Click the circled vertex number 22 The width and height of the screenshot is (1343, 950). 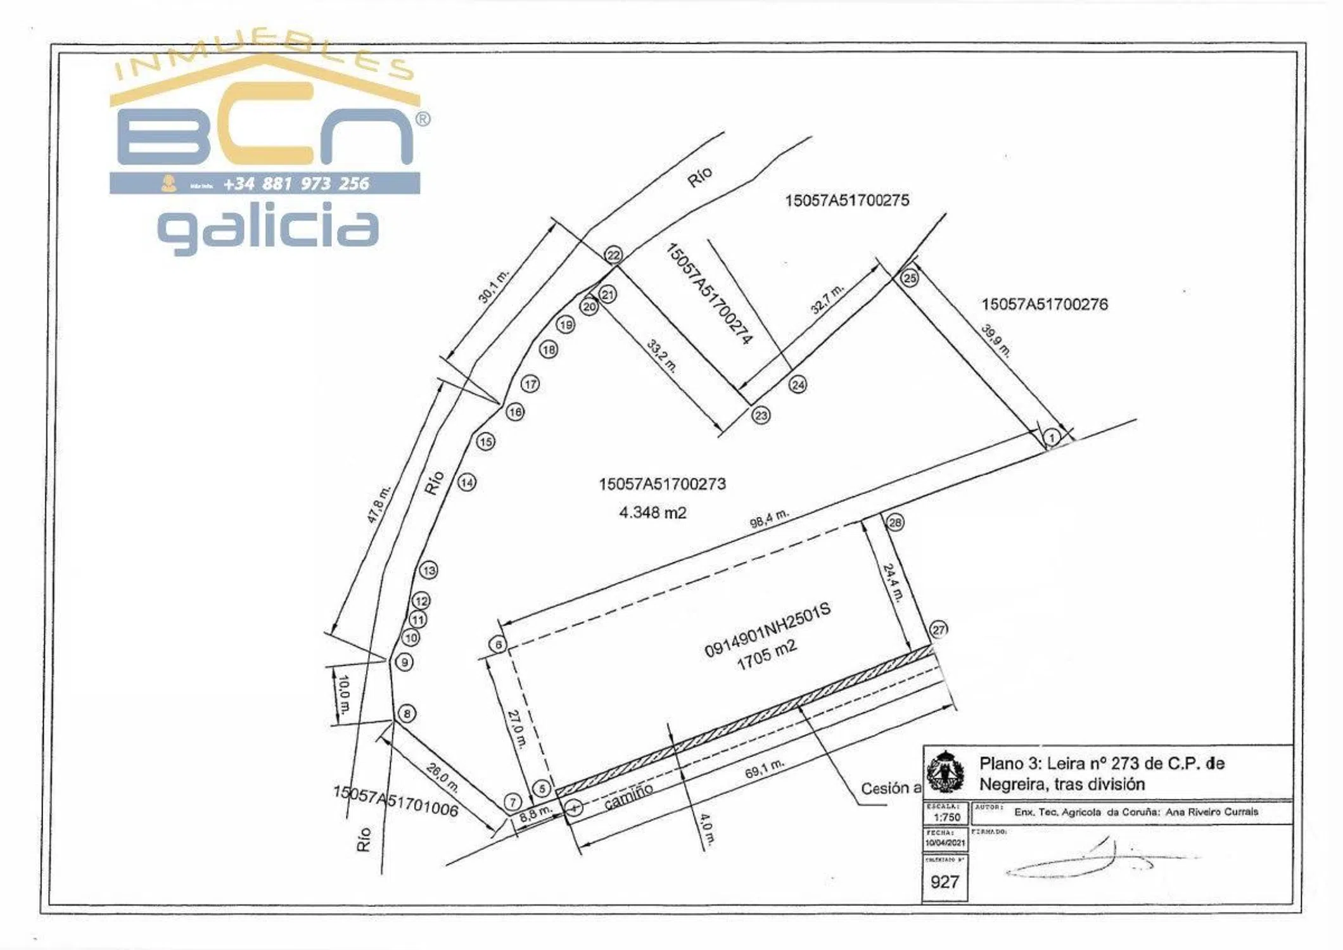(613, 255)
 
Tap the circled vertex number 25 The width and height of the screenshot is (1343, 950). (909, 278)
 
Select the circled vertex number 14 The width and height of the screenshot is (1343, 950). (467, 483)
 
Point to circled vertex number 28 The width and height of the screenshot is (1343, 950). (895, 522)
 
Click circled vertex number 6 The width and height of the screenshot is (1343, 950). (499, 645)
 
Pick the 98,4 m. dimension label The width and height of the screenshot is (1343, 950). (769, 519)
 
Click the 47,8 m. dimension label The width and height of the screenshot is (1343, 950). (379, 505)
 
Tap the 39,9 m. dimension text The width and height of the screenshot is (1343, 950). (996, 340)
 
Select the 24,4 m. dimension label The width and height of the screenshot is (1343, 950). (892, 582)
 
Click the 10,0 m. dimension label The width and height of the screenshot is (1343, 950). (343, 695)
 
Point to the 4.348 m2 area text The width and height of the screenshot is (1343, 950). (652, 512)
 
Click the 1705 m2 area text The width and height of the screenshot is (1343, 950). (767, 655)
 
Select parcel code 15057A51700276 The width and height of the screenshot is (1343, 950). (1045, 305)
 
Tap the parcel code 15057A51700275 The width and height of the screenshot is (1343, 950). (847, 201)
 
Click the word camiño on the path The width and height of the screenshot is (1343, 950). (628, 796)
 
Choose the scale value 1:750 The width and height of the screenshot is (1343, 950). (946, 817)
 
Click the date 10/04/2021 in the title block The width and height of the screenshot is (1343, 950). (945, 843)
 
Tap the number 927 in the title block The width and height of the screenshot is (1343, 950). (944, 882)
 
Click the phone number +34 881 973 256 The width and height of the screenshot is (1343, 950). (296, 184)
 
